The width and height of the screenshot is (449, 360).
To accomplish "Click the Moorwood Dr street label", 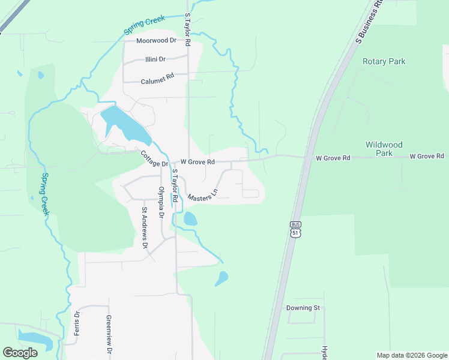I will [156, 41].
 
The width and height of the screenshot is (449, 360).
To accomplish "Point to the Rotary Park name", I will [384, 61].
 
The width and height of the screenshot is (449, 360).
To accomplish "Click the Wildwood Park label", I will [384, 149].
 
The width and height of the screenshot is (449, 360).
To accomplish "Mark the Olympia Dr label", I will [161, 203].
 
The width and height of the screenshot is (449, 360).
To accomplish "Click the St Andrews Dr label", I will [144, 227].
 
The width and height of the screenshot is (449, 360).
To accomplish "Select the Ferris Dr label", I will [77, 323].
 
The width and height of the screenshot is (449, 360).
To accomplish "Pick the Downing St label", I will [303, 308].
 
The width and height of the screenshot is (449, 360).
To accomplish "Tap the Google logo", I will [20, 353].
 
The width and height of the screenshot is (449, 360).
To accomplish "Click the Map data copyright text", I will [411, 355].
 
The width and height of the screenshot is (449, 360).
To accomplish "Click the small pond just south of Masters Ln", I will [190, 219].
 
